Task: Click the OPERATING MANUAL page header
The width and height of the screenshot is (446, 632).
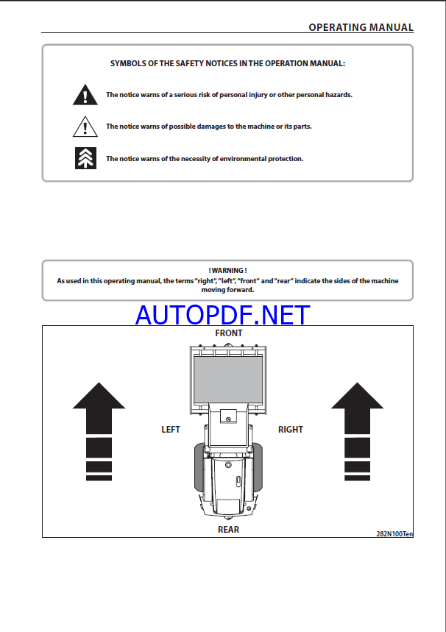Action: pyautogui.click(x=361, y=27)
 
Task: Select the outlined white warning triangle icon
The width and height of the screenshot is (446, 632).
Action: pyautogui.click(x=85, y=127)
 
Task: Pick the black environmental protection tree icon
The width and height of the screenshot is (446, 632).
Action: pyautogui.click(x=85, y=158)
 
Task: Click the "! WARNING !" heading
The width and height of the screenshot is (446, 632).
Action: pyautogui.click(x=227, y=271)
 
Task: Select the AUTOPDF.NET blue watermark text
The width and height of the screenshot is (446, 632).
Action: pyautogui.click(x=223, y=315)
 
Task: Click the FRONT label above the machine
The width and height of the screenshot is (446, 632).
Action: pyautogui.click(x=228, y=333)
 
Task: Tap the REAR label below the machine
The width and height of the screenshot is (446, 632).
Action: pyautogui.click(x=228, y=529)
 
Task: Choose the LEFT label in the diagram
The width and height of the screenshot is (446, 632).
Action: pyautogui.click(x=171, y=430)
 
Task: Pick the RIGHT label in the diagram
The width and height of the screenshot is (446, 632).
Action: pyautogui.click(x=291, y=430)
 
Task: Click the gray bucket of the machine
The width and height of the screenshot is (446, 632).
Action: pyautogui.click(x=227, y=374)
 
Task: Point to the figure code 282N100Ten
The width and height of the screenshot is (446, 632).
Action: pyautogui.click(x=394, y=533)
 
